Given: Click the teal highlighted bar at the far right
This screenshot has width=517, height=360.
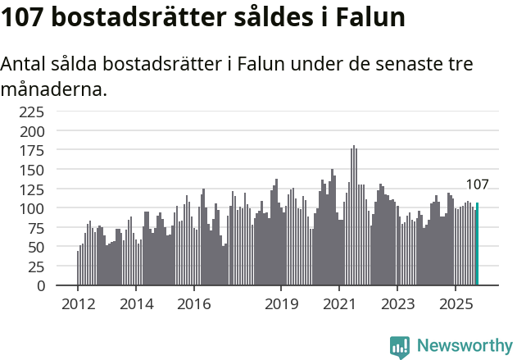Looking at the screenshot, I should (477, 244).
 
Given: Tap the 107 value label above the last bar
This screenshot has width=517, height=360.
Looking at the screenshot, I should (477, 185).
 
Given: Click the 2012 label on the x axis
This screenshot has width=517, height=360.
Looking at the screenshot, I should (78, 304).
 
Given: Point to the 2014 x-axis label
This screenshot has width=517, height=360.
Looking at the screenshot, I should (136, 304).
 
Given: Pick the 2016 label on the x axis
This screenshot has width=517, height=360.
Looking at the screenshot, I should (194, 304).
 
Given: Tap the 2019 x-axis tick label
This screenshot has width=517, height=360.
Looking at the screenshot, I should (281, 304).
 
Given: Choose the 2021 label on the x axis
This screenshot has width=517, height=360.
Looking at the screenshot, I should (339, 304).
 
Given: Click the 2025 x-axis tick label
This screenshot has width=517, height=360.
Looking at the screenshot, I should (456, 304).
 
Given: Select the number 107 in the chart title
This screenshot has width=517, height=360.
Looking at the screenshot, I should (27, 17).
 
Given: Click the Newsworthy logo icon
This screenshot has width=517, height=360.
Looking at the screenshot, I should (400, 347).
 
